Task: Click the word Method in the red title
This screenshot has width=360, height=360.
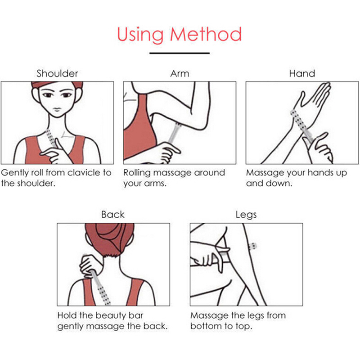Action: pos(206,35)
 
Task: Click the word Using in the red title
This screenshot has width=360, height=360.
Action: pos(140,36)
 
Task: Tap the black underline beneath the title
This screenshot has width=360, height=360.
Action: pos(180,53)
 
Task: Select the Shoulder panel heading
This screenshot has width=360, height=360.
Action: pos(57,73)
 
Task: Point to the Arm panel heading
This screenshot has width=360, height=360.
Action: pos(180,74)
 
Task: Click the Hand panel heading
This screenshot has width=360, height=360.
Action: pos(302,73)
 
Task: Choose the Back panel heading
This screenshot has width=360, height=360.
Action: pos(113,215)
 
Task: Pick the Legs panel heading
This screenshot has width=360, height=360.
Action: pos(246,215)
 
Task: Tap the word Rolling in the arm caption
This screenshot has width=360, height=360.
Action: pos(137,173)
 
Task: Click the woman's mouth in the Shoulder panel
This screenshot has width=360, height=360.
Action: pos(58,109)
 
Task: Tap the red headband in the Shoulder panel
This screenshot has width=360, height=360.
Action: pos(57,85)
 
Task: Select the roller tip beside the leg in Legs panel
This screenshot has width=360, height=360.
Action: pos(252,246)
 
